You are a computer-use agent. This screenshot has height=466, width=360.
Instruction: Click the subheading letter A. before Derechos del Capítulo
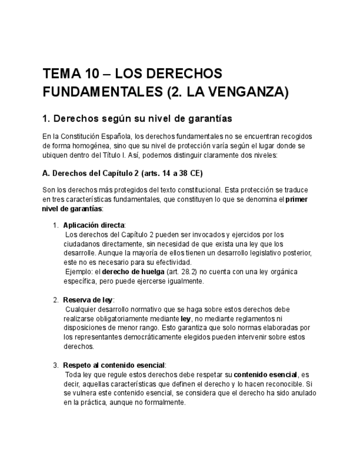(46, 173)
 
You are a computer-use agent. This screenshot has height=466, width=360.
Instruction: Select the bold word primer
(297, 199)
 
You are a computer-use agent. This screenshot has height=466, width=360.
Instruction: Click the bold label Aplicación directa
(94, 225)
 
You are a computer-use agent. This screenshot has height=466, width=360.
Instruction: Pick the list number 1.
(56, 225)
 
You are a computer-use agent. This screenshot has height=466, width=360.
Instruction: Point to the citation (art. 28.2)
(176, 271)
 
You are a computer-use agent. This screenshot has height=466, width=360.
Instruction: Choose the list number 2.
(56, 300)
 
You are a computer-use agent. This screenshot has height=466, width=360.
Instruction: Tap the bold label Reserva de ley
(88, 300)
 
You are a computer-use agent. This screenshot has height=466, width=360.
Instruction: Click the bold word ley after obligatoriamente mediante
(185, 319)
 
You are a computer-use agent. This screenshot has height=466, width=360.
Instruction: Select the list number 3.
(56, 365)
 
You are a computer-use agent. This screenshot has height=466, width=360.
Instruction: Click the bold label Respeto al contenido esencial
(114, 365)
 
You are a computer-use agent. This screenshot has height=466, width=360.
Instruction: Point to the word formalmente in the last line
(165, 402)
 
